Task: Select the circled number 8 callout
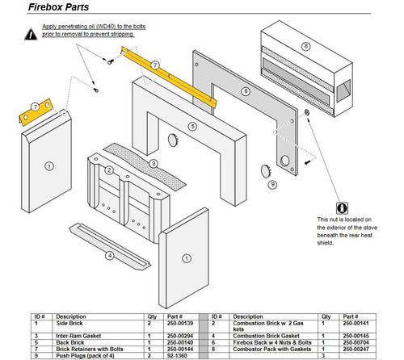click(x=305, y=46)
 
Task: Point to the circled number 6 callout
click(x=245, y=93)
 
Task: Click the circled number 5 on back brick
click(x=192, y=126)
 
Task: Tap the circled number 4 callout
click(x=110, y=257)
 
